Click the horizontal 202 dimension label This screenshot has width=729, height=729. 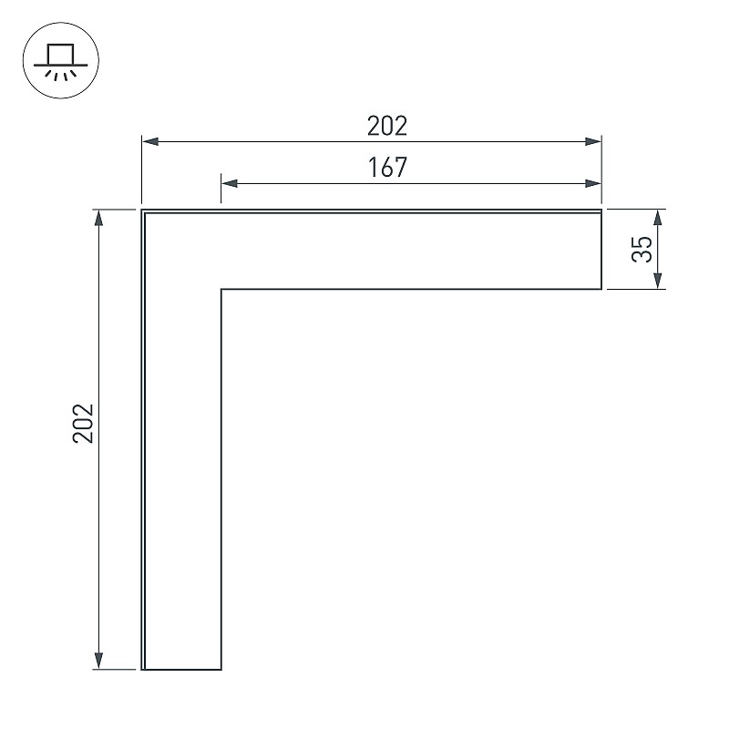(387, 126)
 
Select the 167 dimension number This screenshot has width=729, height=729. (387, 168)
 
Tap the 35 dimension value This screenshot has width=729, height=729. (642, 249)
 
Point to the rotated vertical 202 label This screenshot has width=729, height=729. (84, 423)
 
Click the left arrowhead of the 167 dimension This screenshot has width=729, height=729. (230, 184)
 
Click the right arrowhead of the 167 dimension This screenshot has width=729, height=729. (593, 184)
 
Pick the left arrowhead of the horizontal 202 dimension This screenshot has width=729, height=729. (150, 142)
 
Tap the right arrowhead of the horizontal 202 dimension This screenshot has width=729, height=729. (593, 142)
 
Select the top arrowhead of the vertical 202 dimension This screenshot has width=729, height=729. (98, 218)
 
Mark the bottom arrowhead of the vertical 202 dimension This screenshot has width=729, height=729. (98, 662)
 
